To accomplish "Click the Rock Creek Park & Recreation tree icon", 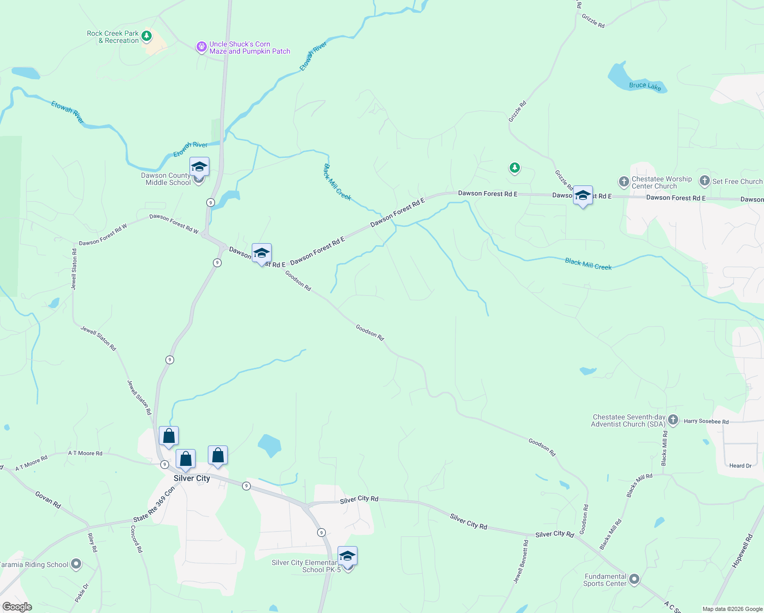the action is coord(147,36).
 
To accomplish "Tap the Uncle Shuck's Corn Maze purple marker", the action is coord(202,48).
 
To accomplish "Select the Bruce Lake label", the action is coord(645,86).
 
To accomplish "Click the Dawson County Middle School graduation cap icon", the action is coord(199,167).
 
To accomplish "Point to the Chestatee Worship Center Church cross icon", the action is coord(624,182).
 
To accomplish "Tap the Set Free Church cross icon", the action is coord(705,181).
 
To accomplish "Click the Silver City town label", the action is coord(192,478).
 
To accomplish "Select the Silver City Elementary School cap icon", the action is coord(347,556).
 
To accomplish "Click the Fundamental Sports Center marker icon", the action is coord(634,579).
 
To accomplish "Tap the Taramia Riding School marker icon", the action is coord(76,564).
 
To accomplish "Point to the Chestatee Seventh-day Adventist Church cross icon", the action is coord(673,420).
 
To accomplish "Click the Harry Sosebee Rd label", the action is coord(706,421).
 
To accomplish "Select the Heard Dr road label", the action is coord(740,465).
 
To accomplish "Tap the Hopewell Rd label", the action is coord(742,551).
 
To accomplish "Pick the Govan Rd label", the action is coord(48,499).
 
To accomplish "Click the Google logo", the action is coord(17,607).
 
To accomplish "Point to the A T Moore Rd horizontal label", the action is coord(85,453).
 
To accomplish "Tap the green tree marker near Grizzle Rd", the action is coord(514,168).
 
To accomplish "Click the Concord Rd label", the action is coord(136,539).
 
